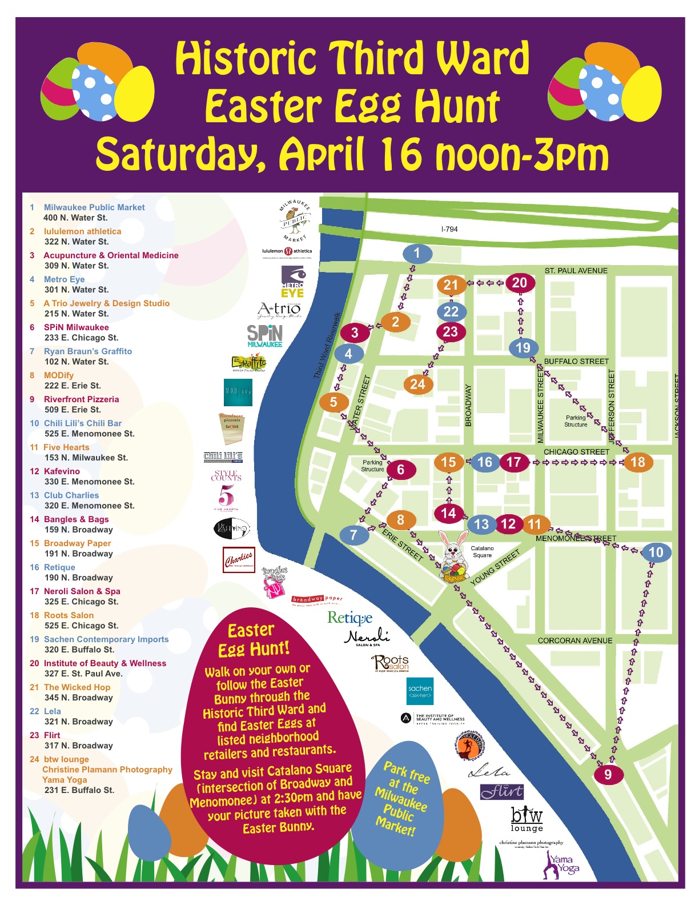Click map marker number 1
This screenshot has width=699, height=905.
coord(417,253)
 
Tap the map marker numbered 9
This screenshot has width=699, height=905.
coord(608,774)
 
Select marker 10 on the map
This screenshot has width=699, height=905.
coord(656,552)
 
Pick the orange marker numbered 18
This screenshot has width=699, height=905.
coord(637,462)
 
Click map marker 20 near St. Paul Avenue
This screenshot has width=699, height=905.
coord(519,282)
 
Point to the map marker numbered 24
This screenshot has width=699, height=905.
coord(417,384)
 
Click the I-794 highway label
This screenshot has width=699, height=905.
coord(449,229)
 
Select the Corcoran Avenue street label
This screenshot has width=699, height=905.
coord(575,640)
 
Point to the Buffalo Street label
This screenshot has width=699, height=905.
coord(576,361)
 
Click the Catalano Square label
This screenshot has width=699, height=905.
coord(482,551)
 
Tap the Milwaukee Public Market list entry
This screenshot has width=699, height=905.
coord(94,207)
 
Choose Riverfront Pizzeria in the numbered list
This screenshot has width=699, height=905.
coord(81,399)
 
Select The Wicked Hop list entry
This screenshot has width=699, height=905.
coord(77,687)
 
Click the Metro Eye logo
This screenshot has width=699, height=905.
coord(292,282)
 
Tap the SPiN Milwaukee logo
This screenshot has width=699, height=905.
coord(264,335)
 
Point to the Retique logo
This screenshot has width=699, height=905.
coord(349,618)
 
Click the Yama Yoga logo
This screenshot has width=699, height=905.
coord(561,865)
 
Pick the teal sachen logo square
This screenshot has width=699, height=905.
coord(420,691)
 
